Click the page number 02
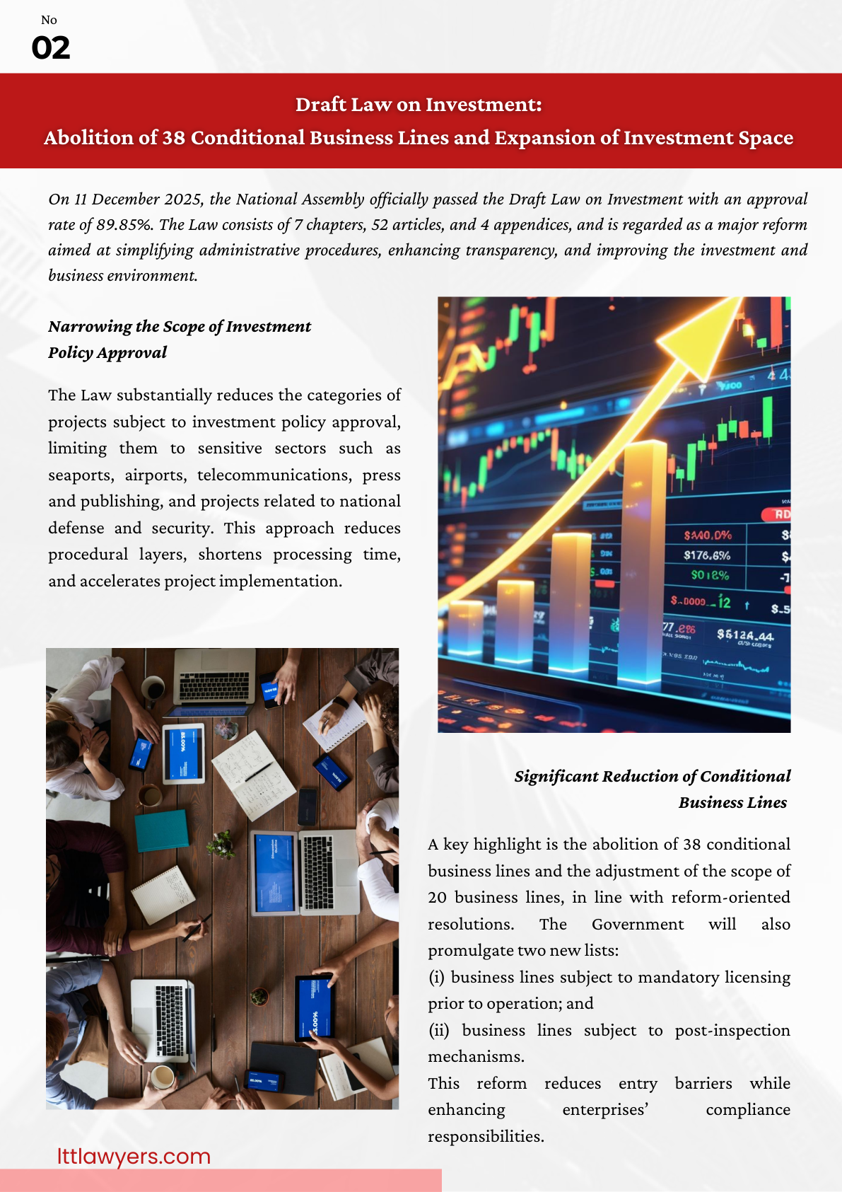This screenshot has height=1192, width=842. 51,48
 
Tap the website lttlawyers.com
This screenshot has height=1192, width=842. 134,1156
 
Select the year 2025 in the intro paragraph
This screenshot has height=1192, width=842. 183,199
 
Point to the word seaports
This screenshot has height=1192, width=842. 80,475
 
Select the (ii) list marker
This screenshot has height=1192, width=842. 439,1031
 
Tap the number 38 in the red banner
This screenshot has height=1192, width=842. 174,137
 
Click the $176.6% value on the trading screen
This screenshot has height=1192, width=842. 707,555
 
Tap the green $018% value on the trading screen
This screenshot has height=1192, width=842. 710,575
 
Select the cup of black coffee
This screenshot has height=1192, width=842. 153,687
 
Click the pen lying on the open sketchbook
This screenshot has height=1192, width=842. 259,770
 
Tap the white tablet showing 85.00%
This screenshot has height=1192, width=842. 183,753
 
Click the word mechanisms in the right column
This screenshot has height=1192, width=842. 476,1057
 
